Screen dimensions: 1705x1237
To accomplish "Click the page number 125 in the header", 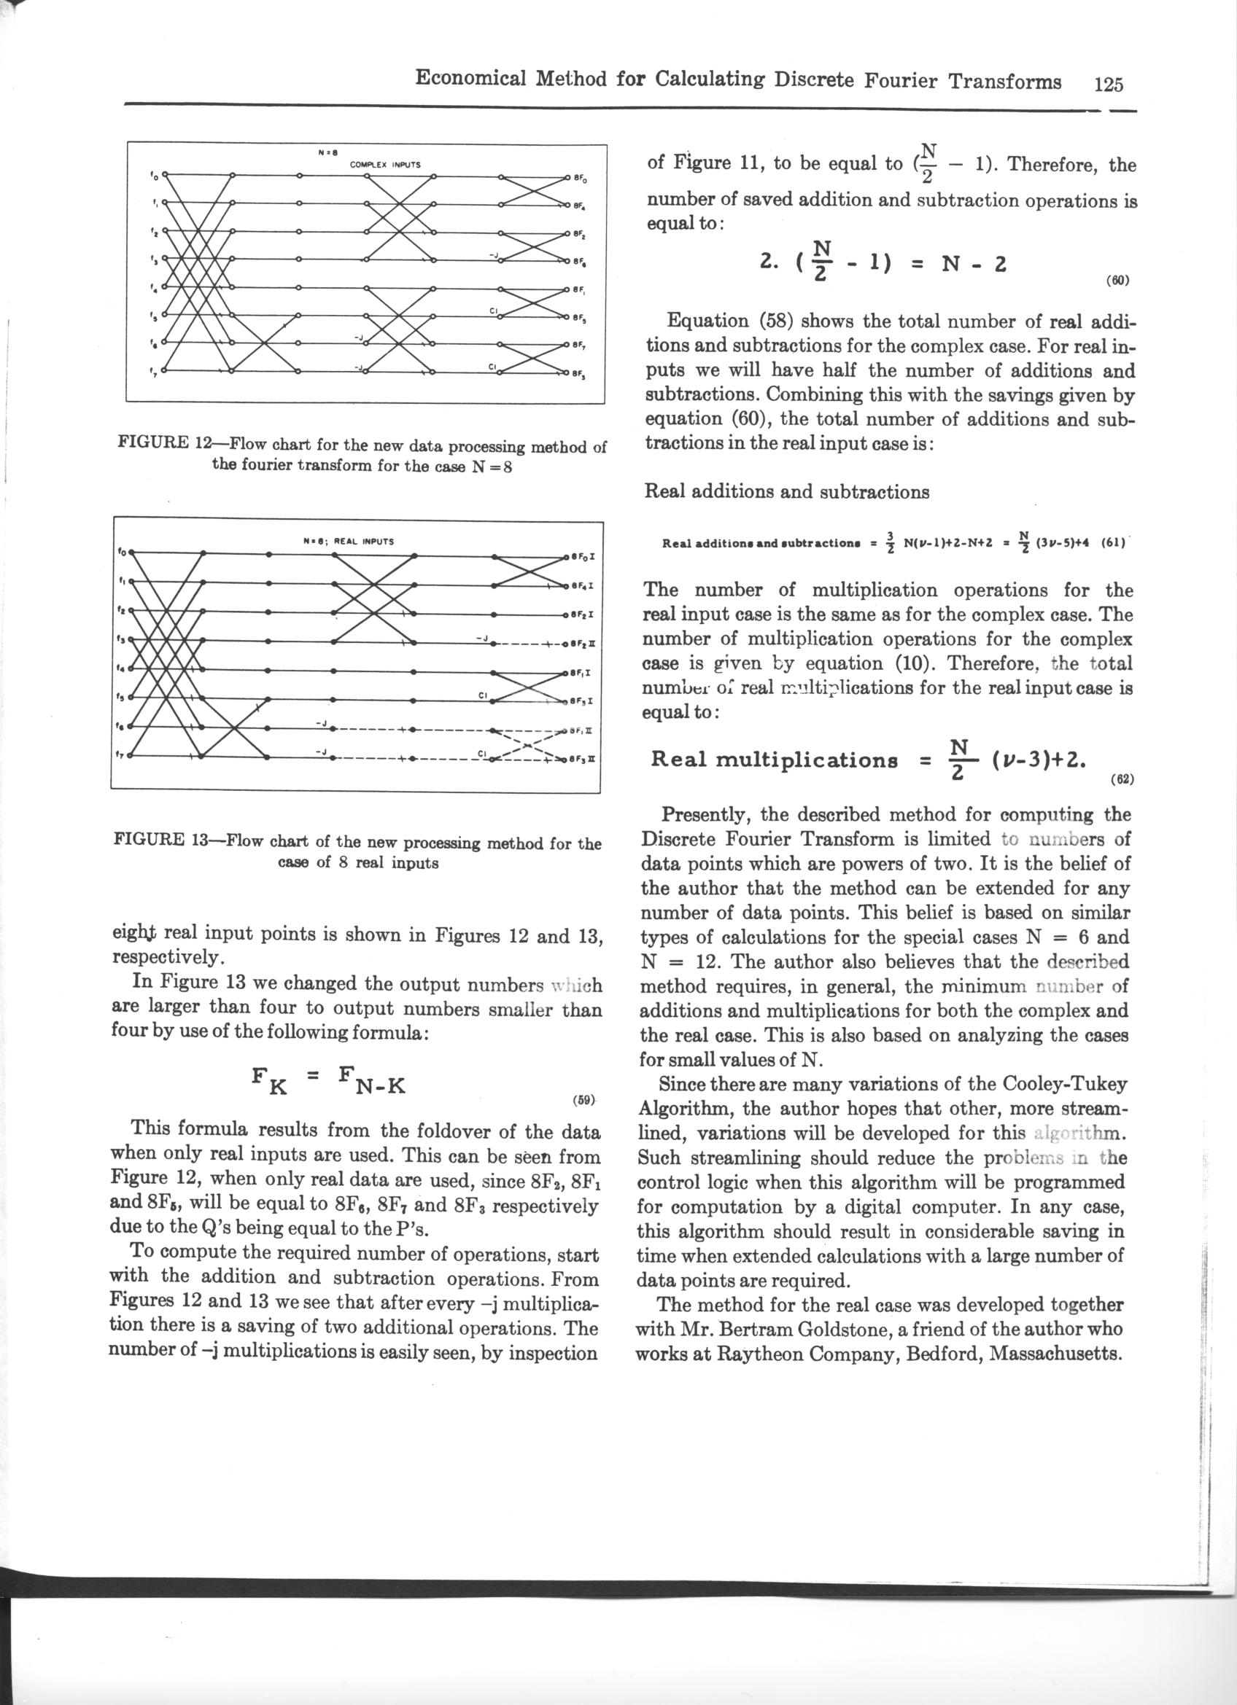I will (1108, 83).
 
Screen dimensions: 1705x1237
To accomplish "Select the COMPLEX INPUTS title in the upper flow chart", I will (386, 164).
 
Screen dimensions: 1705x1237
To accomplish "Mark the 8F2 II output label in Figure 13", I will (583, 644).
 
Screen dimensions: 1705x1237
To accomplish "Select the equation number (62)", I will (1122, 779).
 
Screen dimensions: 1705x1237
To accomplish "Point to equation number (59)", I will (584, 1100).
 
